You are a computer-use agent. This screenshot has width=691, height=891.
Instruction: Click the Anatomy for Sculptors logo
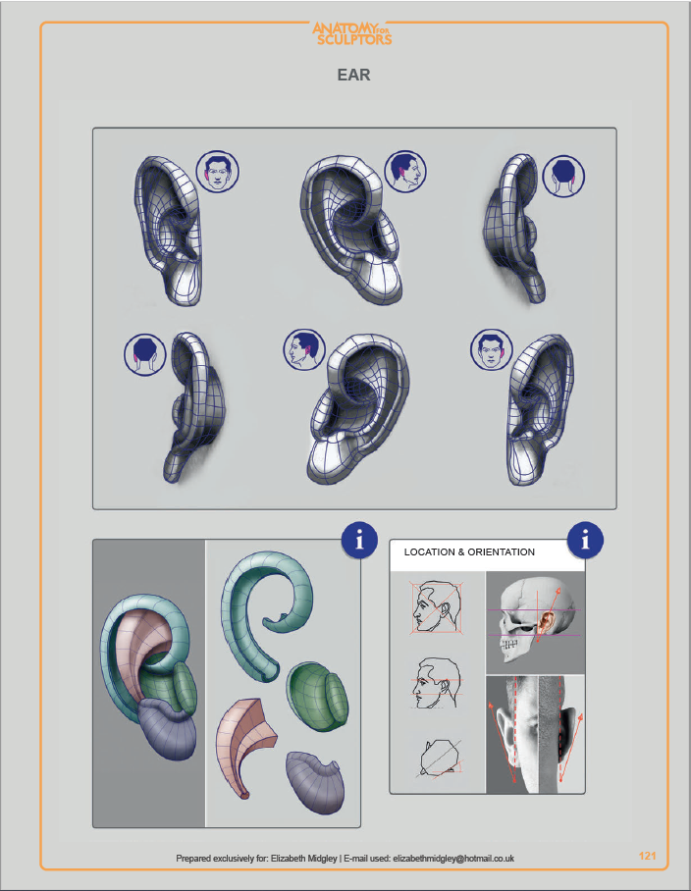(x=351, y=33)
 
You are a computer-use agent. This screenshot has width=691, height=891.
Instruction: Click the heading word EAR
(x=353, y=75)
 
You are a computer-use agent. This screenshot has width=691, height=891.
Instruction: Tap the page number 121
(x=647, y=856)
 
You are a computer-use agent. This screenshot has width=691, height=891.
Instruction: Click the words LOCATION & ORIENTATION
(x=469, y=551)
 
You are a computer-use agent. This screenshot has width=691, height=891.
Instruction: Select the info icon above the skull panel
(x=585, y=540)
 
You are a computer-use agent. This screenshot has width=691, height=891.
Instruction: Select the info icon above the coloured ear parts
(x=359, y=540)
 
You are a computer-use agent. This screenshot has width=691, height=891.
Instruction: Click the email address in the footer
(x=453, y=858)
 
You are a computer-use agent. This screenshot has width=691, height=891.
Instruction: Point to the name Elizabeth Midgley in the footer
(x=304, y=858)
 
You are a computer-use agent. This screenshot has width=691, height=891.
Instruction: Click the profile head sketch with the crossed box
(x=436, y=606)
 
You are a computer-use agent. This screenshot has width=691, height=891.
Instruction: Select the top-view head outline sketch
(x=441, y=759)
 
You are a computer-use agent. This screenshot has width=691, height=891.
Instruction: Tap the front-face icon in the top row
(x=218, y=172)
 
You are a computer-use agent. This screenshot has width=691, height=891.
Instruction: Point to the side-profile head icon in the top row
(x=405, y=172)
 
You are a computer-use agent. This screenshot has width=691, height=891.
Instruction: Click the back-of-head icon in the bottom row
(x=145, y=354)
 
